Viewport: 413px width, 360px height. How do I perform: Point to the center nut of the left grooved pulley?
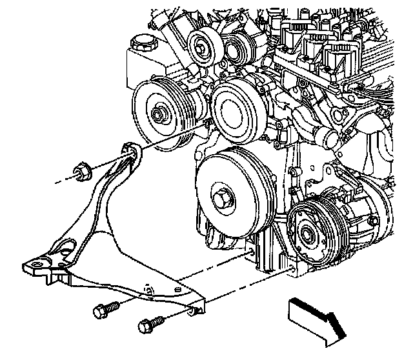159,115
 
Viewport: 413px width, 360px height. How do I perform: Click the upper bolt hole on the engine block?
248,245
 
